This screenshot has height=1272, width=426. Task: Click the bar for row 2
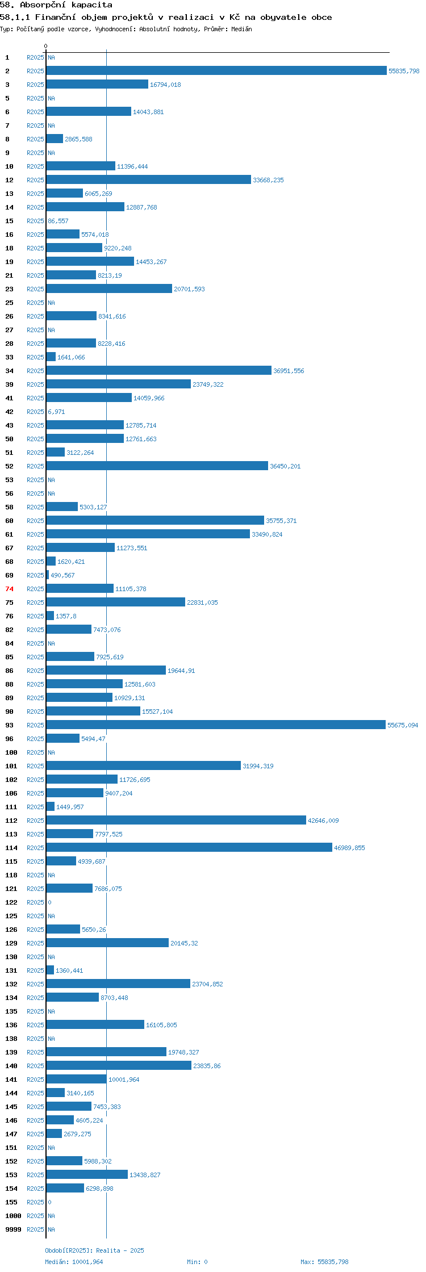pyautogui.click(x=216, y=70)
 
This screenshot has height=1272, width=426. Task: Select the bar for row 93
pyautogui.click(x=216, y=725)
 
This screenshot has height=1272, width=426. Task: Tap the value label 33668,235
pyautogui.click(x=268, y=180)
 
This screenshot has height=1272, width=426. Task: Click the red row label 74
pyautogui.click(x=9, y=589)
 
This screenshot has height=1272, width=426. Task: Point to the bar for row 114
pyautogui.click(x=189, y=847)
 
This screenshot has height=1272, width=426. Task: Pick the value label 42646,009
pyautogui.click(x=323, y=821)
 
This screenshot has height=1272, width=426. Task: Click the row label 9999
pyautogui.click(x=13, y=1229)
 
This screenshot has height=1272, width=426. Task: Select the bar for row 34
pyautogui.click(x=159, y=370)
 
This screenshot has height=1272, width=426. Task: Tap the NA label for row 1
pyautogui.click(x=51, y=57)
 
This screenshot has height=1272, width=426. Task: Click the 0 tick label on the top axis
pyautogui.click(x=46, y=46)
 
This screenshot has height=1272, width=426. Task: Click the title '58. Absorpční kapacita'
pyautogui.click(x=56, y=5)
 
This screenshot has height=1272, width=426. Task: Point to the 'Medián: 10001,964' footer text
pyautogui.click(x=74, y=1262)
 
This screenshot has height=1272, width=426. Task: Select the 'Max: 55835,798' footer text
pyautogui.click(x=324, y=1262)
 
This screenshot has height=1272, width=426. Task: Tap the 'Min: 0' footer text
pyautogui.click(x=197, y=1262)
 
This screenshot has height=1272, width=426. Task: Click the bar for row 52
pyautogui.click(x=157, y=466)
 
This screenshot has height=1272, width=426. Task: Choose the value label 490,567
pyautogui.click(x=62, y=575)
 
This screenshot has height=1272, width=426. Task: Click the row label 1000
pyautogui.click(x=13, y=1216)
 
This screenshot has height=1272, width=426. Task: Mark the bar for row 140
pyautogui.click(x=119, y=1065)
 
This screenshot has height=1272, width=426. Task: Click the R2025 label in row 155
pyautogui.click(x=35, y=1202)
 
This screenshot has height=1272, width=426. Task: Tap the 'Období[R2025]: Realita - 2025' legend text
pyautogui.click(x=94, y=1250)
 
